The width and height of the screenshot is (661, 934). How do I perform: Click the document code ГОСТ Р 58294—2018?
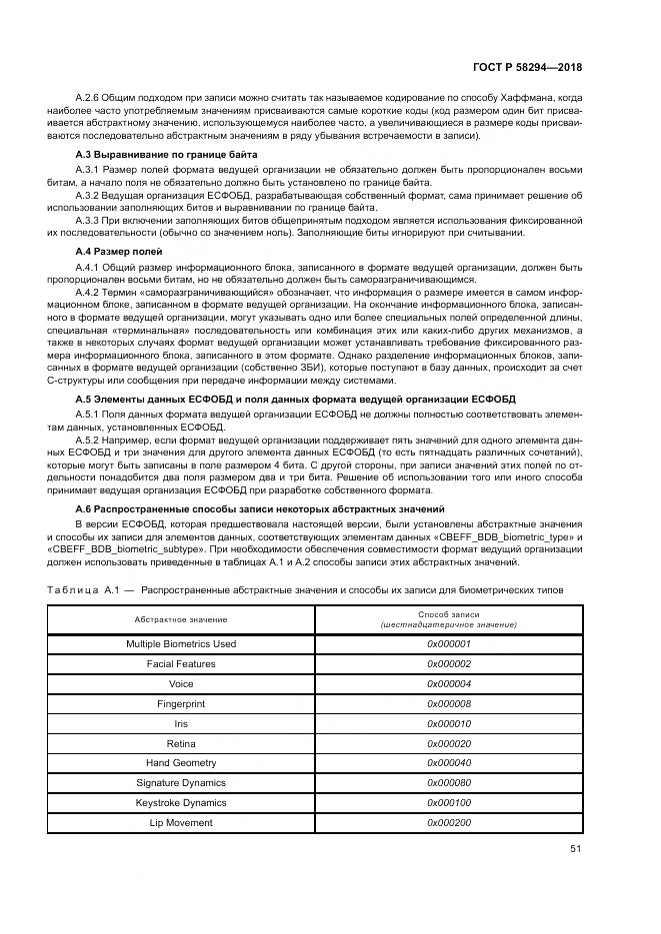(526, 67)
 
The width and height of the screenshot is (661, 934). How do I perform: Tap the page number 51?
(575, 849)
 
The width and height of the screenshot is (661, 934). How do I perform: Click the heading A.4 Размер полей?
(119, 251)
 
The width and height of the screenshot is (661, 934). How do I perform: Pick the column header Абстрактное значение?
(181, 619)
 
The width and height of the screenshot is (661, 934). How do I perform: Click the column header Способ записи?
(448, 614)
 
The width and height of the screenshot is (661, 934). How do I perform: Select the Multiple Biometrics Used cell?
(181, 644)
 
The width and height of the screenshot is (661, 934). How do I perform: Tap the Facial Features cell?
(181, 664)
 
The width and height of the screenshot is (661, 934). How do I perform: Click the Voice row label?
(181, 684)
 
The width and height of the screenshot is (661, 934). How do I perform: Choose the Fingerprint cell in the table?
(181, 704)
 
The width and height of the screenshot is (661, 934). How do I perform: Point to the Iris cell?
(181, 723)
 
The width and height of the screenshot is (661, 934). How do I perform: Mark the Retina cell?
(181, 743)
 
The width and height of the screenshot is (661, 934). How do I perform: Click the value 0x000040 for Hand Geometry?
(448, 763)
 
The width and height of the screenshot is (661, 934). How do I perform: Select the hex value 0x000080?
(448, 783)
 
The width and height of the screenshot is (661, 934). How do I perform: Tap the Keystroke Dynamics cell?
(181, 803)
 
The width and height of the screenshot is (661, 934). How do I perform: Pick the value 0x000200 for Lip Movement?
(448, 823)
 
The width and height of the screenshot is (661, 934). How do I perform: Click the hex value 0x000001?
(448, 644)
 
